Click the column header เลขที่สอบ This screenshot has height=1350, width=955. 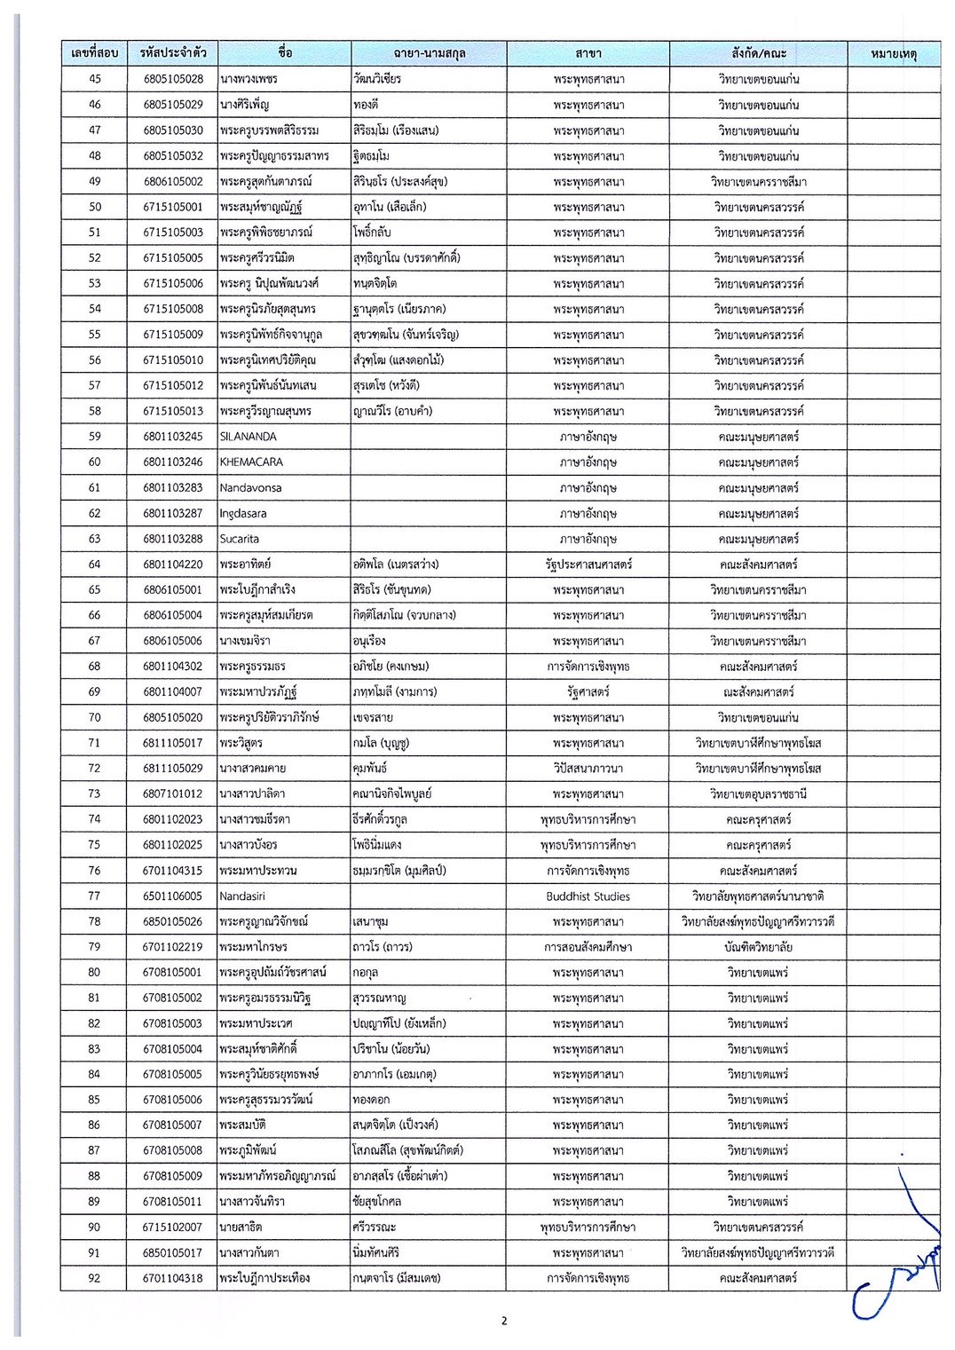point(94,53)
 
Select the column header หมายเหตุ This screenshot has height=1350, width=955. point(893,54)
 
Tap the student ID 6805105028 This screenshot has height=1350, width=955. point(173,79)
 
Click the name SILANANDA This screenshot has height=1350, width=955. point(248,437)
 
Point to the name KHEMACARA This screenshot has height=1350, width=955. point(251,462)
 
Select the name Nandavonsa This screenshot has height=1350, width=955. point(249,488)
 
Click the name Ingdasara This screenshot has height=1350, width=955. point(243,513)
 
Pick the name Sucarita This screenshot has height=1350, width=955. point(240,539)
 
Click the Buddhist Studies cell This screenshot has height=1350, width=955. point(588,896)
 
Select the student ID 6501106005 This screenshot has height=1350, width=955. point(172,896)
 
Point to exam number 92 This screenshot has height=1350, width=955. point(94,1278)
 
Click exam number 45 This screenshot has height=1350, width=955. point(94,79)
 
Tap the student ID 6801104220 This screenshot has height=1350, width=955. point(172,564)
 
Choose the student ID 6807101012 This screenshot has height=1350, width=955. point(172,794)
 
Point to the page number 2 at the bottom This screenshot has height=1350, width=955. point(504,1321)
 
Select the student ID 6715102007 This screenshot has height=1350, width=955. point(172,1228)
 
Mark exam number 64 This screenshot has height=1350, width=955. point(94,564)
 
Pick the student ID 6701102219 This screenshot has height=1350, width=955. point(172,947)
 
